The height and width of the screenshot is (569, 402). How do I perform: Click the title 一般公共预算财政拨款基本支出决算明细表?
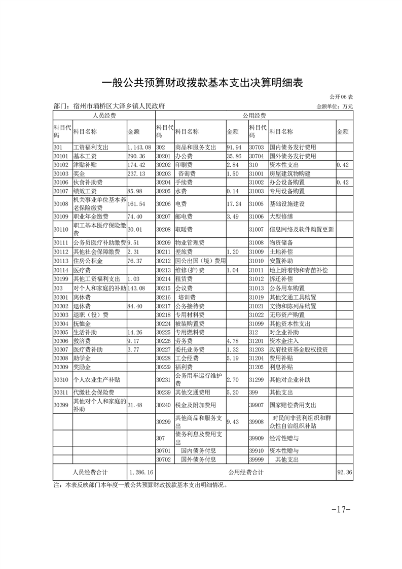(x=202, y=83)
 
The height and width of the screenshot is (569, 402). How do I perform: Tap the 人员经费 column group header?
(x=104, y=116)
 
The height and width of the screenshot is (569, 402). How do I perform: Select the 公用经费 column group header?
(x=254, y=116)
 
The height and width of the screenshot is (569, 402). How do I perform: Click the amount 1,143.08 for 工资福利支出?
(x=139, y=148)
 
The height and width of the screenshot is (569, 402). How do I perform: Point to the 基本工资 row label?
(x=84, y=156)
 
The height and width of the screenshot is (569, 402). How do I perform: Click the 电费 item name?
(x=180, y=204)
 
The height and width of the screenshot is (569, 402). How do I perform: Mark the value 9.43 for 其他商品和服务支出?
(x=233, y=421)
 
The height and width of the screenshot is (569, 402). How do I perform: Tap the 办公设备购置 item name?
(x=287, y=182)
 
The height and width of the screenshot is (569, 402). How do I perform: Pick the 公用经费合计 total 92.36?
(x=344, y=472)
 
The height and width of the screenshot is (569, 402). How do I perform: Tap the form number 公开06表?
(x=341, y=97)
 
